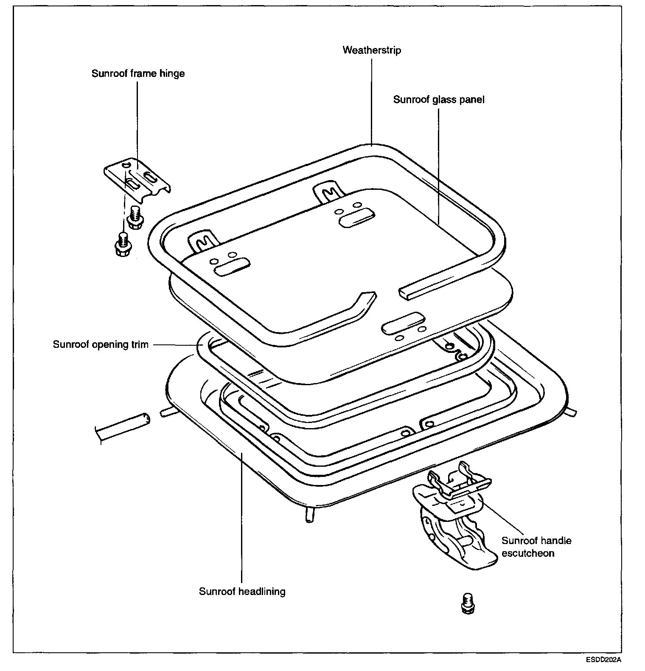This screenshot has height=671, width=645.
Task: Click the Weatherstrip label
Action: pos(372,50)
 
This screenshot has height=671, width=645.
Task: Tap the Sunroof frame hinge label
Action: pos(138,73)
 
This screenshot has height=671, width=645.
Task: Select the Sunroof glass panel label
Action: pos(438,99)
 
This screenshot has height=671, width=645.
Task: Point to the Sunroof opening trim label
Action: pos(101,344)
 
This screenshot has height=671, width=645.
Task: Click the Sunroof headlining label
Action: pos(242,591)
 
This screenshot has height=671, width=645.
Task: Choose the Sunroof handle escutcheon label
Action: pos(536,547)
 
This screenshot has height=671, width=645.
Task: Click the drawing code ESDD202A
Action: pos(604,660)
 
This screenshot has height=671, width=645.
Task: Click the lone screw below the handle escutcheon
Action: pos(467,603)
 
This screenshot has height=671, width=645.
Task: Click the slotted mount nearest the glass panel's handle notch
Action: pos(403,321)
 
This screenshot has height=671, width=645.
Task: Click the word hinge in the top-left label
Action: pos(172,73)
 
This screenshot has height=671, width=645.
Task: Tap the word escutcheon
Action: pos(527,553)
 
